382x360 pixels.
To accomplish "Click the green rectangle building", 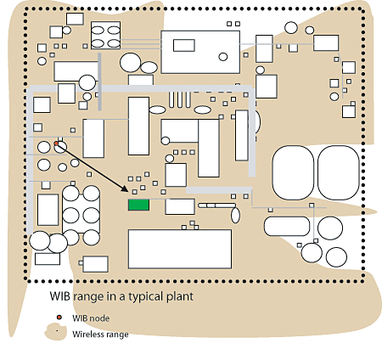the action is pyautogui.click(x=138, y=205).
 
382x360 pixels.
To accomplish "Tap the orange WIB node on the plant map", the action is pyautogui.click(x=56, y=143).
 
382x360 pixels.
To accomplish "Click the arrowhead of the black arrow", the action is pyautogui.click(x=126, y=188).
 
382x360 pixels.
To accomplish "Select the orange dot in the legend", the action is pyautogui.click(x=59, y=318).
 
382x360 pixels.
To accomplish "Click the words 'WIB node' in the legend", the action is pyautogui.click(x=91, y=318).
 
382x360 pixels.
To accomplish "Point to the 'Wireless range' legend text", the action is pyautogui.click(x=100, y=335).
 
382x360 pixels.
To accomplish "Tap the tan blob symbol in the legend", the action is pyautogui.click(x=55, y=332).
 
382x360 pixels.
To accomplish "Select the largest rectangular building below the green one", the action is pyautogui.click(x=180, y=249).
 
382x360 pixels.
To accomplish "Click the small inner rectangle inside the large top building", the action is pyautogui.click(x=184, y=45).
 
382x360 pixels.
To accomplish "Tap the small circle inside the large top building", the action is pyautogui.click(x=223, y=57).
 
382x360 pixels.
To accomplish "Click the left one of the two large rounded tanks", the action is pyautogui.click(x=293, y=172).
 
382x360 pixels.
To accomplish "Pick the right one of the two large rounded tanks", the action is pyautogui.click(x=339, y=172).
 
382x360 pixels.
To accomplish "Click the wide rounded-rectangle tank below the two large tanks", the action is pyautogui.click(x=287, y=226).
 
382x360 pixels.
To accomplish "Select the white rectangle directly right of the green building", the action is pyautogui.click(x=180, y=206).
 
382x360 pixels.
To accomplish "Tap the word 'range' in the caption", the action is pyautogui.click(x=88, y=297).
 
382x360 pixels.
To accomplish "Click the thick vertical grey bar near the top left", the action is pyautogui.click(x=99, y=82).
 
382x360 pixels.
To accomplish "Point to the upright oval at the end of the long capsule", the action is pyautogui.click(x=235, y=215).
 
